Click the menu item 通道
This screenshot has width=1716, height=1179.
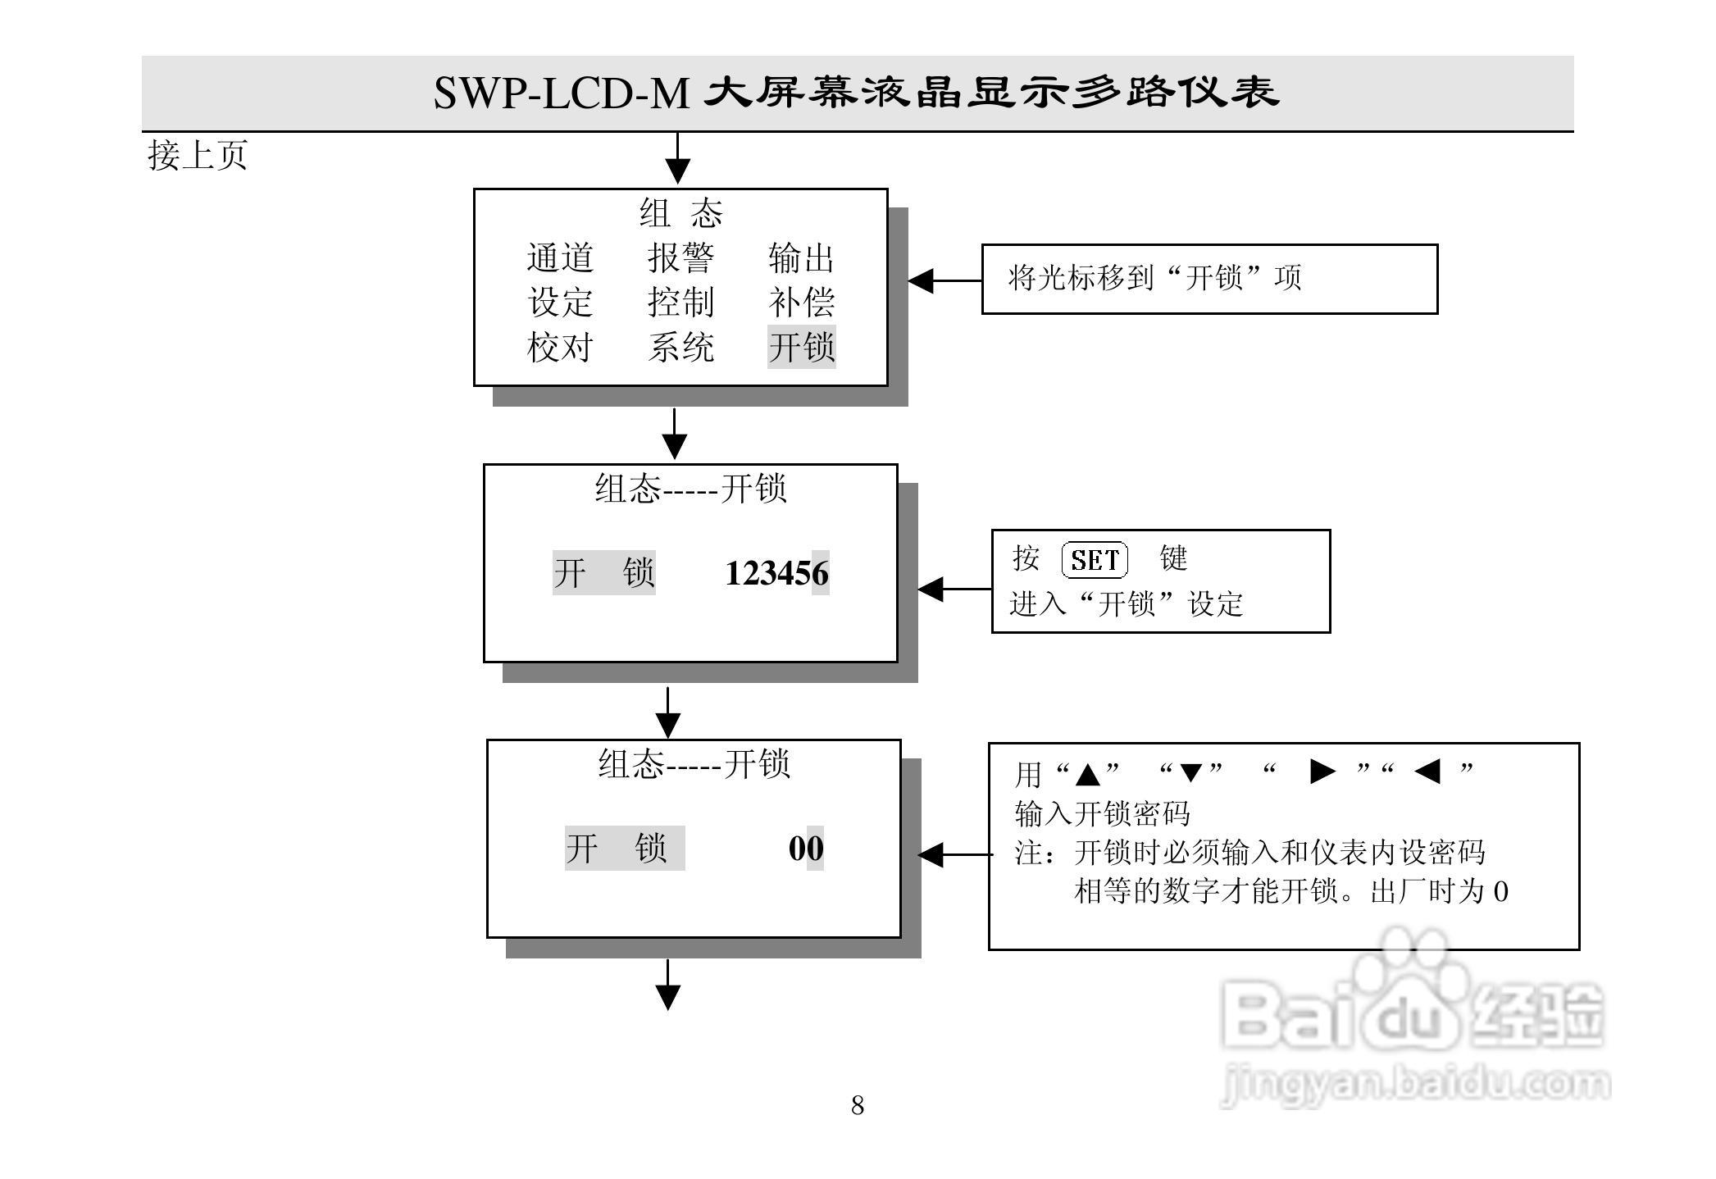tap(560, 258)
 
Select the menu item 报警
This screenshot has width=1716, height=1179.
tap(680, 258)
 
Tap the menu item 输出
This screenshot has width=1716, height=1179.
tap(801, 258)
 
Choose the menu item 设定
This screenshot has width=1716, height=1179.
tap(560, 303)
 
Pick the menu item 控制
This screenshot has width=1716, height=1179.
tap(680, 303)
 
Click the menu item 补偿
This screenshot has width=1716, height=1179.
tap(801, 303)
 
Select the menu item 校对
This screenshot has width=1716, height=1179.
tap(560, 347)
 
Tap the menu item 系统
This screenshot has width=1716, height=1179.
tap(680, 347)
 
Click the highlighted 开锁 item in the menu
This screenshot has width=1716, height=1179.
tap(801, 347)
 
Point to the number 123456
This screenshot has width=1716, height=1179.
tap(776, 573)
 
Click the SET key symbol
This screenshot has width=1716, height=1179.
tap(1095, 561)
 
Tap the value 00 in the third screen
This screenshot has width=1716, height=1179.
tap(806, 849)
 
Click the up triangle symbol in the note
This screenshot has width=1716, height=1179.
tap(1088, 773)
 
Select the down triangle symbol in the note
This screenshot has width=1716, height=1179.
tap(1190, 772)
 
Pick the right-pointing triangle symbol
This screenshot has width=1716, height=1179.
tap(1322, 772)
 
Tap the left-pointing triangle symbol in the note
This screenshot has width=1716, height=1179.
tap(1428, 772)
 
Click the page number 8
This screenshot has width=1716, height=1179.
tap(858, 1105)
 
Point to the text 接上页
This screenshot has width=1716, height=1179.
tap(198, 155)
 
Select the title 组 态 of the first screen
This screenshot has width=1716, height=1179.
tap(680, 214)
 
